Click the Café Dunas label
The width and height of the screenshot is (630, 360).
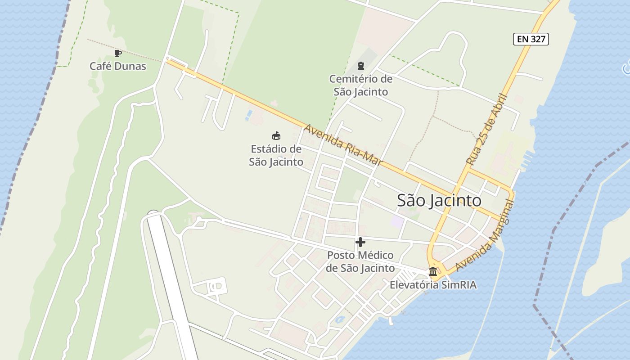[118, 66]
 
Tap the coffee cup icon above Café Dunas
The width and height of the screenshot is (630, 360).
[118, 54]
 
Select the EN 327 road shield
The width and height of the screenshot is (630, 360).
[531, 39]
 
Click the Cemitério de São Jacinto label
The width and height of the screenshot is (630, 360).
[361, 85]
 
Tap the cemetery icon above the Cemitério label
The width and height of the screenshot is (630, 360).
[360, 66]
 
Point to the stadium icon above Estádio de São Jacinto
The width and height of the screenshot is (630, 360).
[276, 135]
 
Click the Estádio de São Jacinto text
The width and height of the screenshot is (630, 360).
[276, 155]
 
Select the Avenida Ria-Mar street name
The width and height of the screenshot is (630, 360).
[343, 145]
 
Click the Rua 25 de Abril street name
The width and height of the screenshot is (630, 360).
[487, 129]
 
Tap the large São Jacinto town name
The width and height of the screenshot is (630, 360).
[439, 201]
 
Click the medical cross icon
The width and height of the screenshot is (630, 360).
[360, 242]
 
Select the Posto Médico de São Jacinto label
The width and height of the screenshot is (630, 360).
[360, 262]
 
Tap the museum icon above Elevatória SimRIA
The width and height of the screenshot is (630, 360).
[433, 272]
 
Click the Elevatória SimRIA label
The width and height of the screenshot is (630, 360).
[433, 285]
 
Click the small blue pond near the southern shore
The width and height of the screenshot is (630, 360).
[340, 320]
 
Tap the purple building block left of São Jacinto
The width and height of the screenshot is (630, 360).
[397, 221]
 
